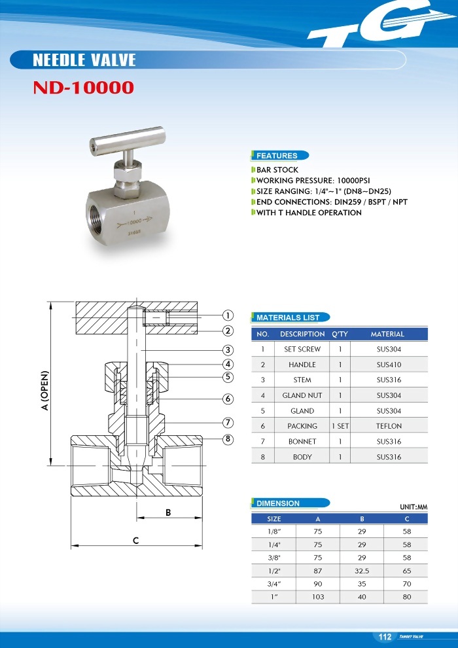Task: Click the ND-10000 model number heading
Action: coord(83,88)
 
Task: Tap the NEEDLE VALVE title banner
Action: coord(84,60)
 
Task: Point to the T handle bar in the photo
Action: coord(126,140)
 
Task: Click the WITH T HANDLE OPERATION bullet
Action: coord(308,212)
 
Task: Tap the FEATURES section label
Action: coord(277,156)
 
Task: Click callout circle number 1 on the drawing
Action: coord(228,315)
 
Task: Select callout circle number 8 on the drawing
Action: coord(228,439)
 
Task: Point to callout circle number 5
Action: coord(228,376)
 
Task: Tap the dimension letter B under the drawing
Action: coord(168,513)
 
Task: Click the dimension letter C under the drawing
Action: coord(135,541)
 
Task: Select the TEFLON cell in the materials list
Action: coord(389,426)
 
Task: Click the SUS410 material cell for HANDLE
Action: coord(389,365)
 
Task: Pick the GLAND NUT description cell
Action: coord(302,395)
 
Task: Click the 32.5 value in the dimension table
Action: coord(362,571)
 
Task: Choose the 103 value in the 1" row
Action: coord(318,596)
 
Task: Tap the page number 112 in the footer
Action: coord(385,637)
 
